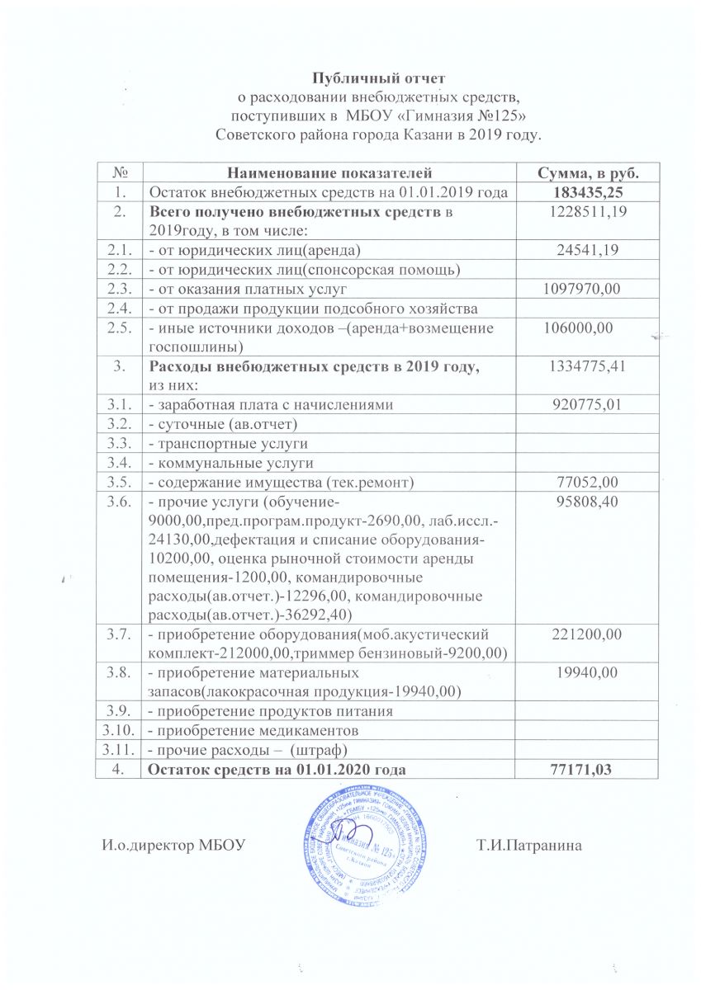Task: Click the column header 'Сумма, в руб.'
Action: coord(587,172)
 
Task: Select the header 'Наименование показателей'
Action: coord(329,172)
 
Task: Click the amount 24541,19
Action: coord(587,249)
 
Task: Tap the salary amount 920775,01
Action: coord(587,404)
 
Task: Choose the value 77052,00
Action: coord(587,481)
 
